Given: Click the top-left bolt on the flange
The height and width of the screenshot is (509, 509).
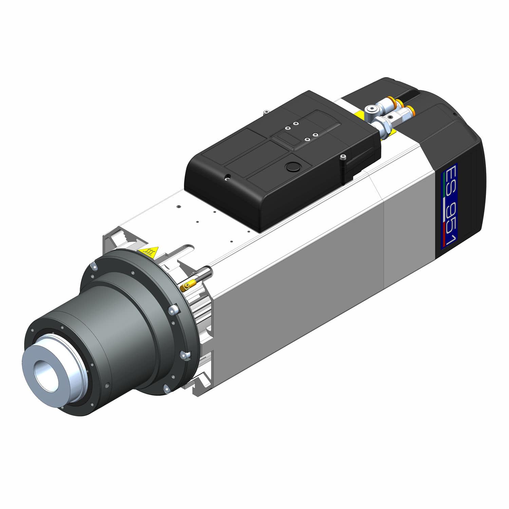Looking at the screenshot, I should pyautogui.click(x=93, y=266).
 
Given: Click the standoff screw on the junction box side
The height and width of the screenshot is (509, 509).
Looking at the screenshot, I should pyautogui.click(x=343, y=157).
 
